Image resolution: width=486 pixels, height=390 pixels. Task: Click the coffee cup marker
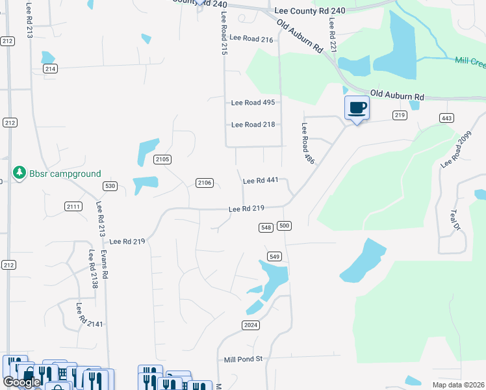pos(357,107)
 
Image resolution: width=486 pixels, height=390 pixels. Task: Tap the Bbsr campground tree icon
pos(19,174)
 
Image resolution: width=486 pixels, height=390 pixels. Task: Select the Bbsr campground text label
pos(65,174)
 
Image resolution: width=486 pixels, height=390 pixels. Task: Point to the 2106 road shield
pos(205,183)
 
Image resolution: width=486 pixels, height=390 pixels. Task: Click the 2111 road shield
pos(73,206)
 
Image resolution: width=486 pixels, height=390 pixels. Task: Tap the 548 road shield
pos(265,227)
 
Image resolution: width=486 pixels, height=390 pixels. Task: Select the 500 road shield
pos(283,226)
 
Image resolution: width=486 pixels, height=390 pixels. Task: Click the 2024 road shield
pos(251,324)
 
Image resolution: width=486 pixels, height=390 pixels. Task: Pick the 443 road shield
pos(446,118)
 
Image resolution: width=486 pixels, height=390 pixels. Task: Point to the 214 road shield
pos(51,68)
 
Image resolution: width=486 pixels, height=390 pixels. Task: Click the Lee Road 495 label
pos(253,103)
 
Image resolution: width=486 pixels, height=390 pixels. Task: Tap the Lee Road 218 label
pos(253,124)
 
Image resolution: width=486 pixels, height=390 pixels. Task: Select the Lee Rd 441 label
pos(260,181)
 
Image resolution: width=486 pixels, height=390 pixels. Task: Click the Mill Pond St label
pos(242,359)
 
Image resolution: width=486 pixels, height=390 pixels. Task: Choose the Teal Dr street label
pos(455,218)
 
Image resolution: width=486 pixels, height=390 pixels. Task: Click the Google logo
pos(21,382)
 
